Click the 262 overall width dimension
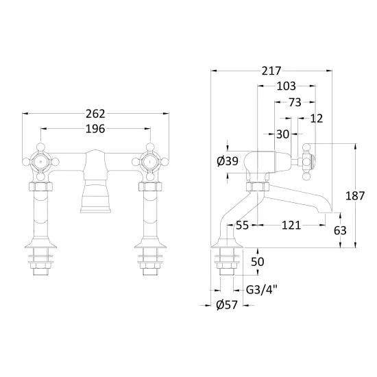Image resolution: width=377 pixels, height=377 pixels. [95, 114]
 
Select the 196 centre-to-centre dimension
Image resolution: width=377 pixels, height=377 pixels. [95, 129]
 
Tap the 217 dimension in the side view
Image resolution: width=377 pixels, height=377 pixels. [271, 71]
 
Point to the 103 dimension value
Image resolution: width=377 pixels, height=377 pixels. [286, 86]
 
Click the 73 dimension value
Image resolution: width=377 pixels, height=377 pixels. [295, 102]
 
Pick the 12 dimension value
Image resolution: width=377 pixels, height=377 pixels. [317, 119]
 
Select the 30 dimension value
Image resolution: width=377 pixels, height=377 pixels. [282, 134]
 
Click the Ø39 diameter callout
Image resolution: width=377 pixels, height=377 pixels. [228, 161]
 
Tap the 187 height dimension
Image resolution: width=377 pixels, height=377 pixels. [355, 196]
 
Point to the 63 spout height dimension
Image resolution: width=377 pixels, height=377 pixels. [340, 230]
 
